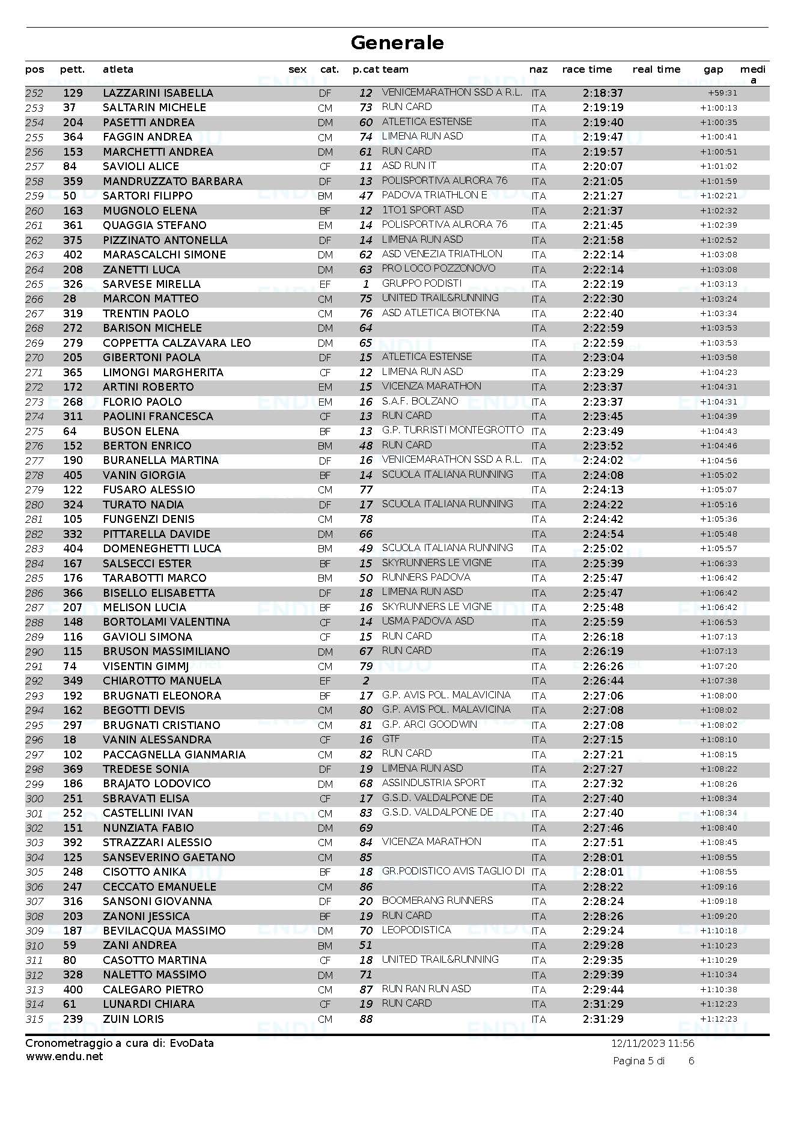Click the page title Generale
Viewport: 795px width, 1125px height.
tap(397, 43)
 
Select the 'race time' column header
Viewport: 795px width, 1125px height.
tap(586, 70)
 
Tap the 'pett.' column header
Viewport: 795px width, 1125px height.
tap(72, 70)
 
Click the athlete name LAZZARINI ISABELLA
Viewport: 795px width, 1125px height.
tap(158, 93)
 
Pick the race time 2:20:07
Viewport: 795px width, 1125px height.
tap(603, 166)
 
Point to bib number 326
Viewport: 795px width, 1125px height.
tap(73, 284)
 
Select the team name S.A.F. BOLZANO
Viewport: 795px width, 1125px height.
tap(420, 401)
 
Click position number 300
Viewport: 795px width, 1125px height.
tap(34, 799)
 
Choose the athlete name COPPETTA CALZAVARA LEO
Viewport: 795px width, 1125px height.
tap(177, 343)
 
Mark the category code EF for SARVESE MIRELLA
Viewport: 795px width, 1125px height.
tap(324, 284)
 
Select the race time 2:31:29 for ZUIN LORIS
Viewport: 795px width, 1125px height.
tap(603, 1019)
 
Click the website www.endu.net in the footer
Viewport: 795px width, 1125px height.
tap(64, 1056)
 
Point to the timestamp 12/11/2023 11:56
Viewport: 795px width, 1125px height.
tap(653, 1043)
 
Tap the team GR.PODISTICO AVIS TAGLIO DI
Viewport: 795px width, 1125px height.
tap(453, 871)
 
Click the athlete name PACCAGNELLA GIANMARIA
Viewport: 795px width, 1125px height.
tap(174, 755)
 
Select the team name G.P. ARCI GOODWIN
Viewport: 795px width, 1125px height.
tap(429, 724)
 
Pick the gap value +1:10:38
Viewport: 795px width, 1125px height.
tap(718, 990)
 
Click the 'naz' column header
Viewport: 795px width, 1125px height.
tap(538, 70)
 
